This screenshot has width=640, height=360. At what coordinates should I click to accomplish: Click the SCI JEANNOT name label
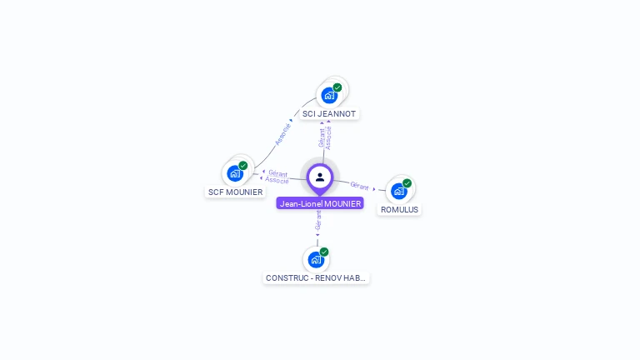328,113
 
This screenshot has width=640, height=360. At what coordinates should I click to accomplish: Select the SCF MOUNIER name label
234,192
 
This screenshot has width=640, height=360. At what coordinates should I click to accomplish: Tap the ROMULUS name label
399,209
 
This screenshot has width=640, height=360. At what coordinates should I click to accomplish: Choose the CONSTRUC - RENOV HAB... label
316,277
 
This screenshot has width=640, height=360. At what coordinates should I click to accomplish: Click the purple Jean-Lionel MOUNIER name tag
320,203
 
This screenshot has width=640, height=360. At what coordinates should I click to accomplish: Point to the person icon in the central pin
320,177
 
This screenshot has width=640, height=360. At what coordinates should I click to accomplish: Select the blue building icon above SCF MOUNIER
234,174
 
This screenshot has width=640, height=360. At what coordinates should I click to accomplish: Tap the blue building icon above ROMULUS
398,192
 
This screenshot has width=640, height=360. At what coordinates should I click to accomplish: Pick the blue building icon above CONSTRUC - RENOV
315,259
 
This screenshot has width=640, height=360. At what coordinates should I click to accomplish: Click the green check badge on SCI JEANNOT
337,87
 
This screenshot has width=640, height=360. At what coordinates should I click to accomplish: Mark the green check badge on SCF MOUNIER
243,166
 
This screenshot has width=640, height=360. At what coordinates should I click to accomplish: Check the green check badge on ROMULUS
407,183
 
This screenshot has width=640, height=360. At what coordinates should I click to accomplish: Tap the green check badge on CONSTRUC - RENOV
324,252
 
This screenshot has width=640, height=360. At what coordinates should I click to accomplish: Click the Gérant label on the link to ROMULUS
359,186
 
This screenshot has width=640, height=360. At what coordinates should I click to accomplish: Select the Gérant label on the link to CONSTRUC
317,220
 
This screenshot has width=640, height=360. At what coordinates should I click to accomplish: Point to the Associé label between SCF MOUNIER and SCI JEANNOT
282,134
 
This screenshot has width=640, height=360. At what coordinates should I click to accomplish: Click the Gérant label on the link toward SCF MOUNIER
278,173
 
